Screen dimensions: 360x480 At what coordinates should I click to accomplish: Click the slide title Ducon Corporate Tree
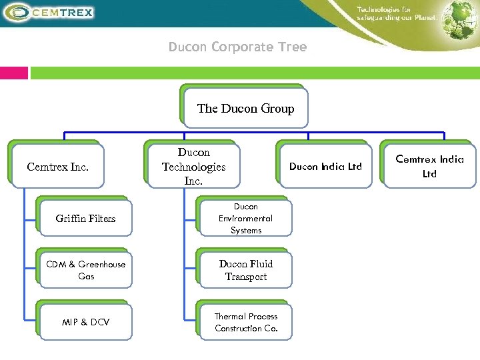[237, 47]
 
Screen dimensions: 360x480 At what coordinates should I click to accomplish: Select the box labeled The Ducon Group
[245, 108]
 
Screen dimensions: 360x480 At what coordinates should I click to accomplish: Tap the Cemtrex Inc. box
[57, 167]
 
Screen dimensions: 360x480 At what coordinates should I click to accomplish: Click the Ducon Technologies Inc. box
[193, 167]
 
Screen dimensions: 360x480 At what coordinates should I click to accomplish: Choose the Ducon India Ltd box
[325, 166]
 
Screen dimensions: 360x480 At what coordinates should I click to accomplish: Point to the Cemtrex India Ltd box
[429, 166]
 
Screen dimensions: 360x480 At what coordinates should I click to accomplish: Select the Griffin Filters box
[85, 219]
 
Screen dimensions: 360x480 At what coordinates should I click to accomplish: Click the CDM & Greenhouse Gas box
[85, 270]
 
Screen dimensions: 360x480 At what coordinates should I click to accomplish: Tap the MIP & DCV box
[85, 322]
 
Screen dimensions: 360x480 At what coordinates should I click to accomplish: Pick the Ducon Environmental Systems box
[245, 219]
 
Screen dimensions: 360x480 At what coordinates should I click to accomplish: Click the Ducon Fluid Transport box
[245, 270]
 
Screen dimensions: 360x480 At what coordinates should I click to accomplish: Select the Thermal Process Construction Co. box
[245, 322]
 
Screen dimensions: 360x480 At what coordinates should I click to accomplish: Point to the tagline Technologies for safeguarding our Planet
[397, 13]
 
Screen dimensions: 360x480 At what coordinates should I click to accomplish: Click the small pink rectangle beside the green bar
[14, 73]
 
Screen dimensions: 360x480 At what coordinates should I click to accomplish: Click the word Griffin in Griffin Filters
[71, 219]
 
